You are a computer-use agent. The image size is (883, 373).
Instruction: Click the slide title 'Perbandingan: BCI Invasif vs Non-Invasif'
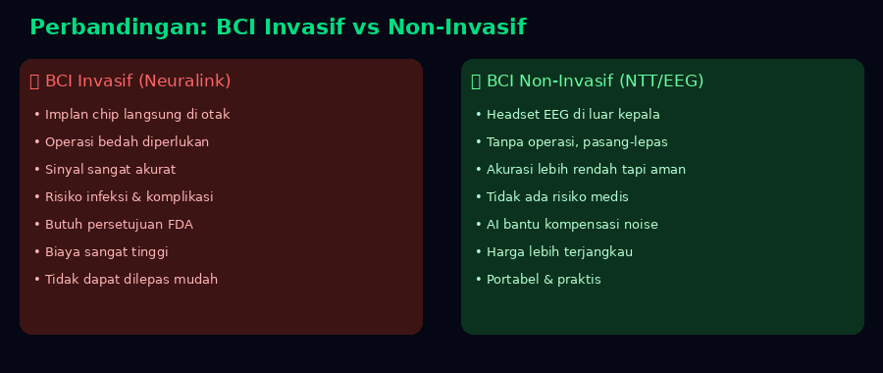pos(278,27)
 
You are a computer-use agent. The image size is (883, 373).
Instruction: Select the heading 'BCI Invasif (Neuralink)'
pos(138,81)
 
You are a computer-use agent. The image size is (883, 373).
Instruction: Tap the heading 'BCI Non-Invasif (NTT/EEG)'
pos(596,81)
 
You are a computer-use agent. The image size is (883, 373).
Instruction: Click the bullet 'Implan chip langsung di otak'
pos(137,115)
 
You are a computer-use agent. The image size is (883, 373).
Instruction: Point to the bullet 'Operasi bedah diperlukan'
pos(127,142)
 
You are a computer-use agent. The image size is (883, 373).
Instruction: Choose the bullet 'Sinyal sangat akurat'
pos(110,170)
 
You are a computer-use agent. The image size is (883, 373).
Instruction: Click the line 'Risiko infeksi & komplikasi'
pos(129,196)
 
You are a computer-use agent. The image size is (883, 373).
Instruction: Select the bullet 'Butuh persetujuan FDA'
pos(119,224)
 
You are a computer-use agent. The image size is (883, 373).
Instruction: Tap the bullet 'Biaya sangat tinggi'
pos(106,252)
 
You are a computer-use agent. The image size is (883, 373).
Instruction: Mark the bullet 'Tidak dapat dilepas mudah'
pos(131,280)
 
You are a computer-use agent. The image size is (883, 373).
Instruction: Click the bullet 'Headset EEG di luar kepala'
pos(573,115)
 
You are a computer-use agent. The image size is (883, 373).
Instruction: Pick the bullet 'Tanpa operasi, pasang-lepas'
pos(577,142)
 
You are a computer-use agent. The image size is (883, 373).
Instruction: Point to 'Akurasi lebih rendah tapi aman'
pos(587,170)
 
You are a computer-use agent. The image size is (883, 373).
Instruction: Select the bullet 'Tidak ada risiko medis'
pos(557,196)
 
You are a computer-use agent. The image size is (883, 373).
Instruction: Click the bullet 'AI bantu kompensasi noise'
pos(572,224)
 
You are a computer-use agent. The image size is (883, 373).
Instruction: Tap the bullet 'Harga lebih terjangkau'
pos(560,252)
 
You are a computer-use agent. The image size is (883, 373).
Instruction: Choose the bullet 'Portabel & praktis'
pos(544,280)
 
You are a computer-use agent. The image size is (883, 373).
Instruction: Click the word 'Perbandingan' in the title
pos(116,27)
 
